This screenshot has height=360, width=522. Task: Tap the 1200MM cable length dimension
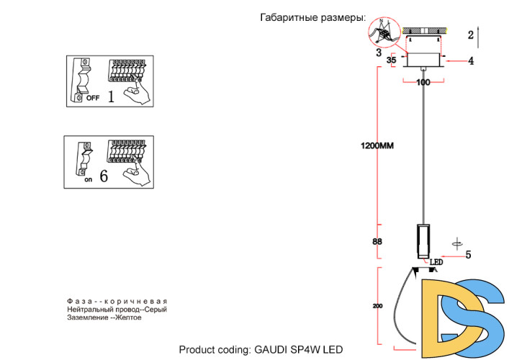point(377,146)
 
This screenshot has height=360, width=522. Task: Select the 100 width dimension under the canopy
point(423,83)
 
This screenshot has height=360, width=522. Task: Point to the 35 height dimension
point(392,60)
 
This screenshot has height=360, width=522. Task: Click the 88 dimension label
point(377,242)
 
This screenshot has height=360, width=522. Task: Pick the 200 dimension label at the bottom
point(377,306)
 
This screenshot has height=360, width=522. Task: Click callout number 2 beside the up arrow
point(469,34)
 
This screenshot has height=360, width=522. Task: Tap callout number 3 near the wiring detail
point(378,53)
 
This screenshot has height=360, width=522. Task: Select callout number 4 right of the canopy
point(471,61)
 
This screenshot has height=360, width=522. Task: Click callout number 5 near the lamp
point(468,254)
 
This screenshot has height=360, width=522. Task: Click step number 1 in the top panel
point(112,96)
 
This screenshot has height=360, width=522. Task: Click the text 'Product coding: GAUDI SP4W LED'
point(261,350)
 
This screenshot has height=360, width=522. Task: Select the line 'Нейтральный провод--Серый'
point(116,310)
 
